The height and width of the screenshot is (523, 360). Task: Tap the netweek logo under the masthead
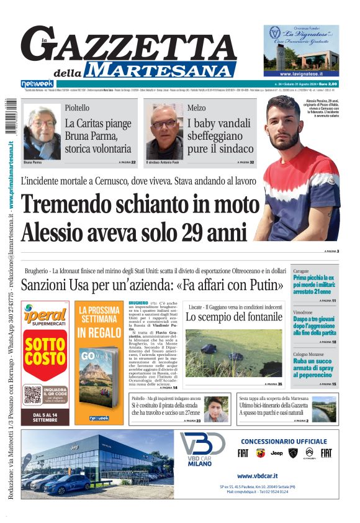pos(37,83)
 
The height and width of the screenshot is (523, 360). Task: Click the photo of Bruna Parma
pos(42,132)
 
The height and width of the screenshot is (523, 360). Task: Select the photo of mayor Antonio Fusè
pos(164,132)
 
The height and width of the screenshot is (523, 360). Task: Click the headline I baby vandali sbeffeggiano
pos(220,136)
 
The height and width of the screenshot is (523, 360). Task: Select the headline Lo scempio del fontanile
pos(235,317)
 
